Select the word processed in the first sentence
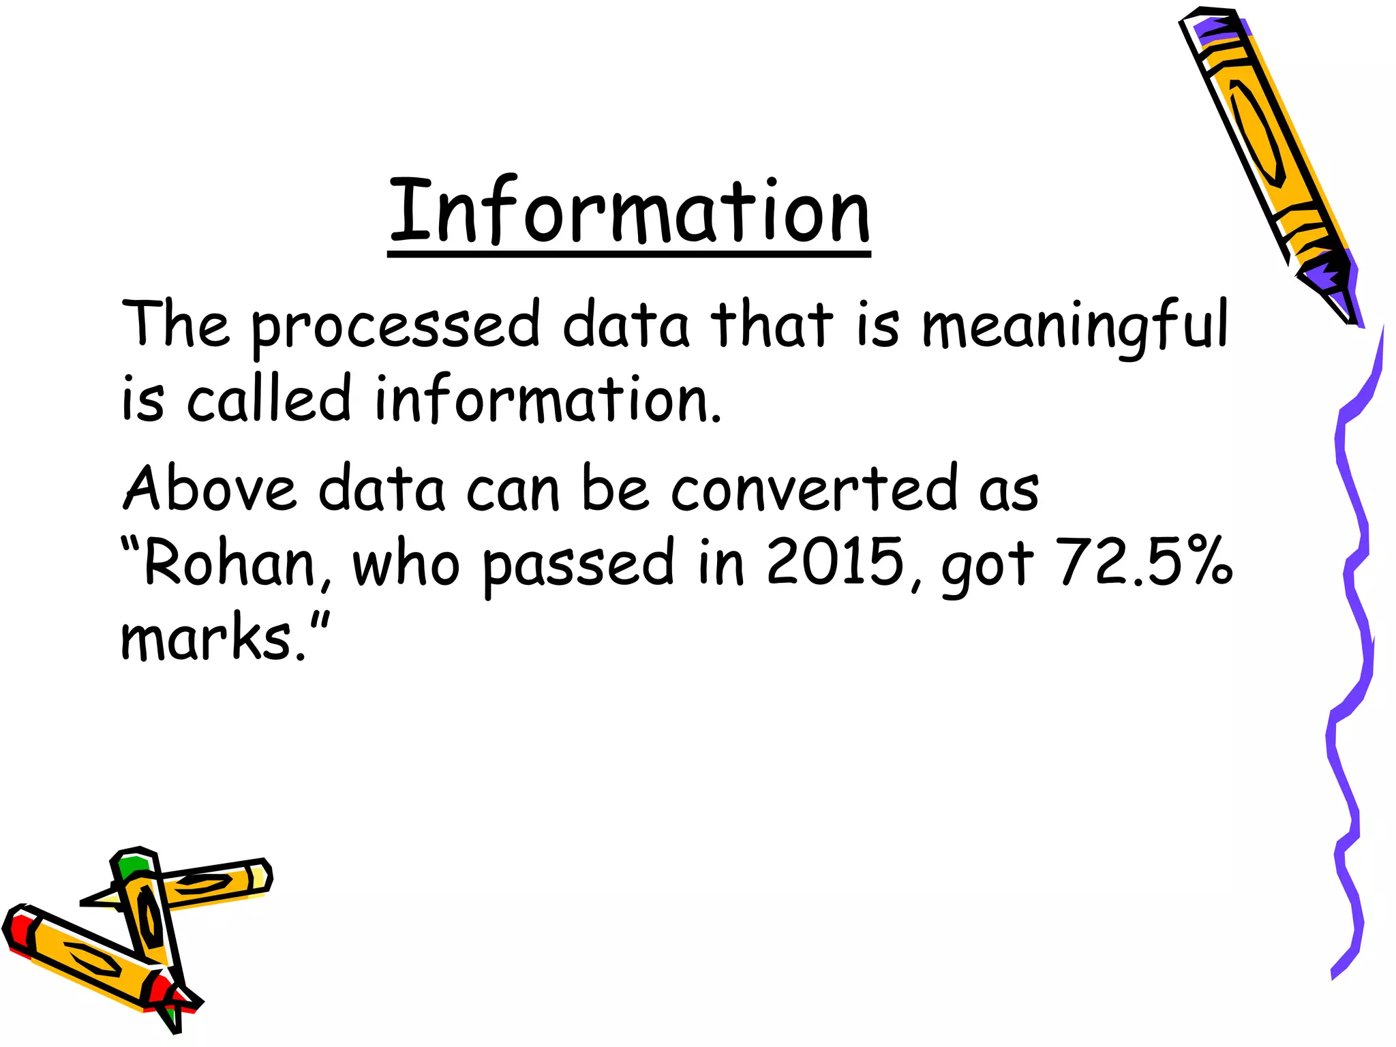click(396, 326)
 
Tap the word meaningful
click(1074, 326)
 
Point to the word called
click(269, 399)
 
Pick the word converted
click(815, 488)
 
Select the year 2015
click(836, 562)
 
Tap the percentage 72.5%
click(1145, 562)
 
